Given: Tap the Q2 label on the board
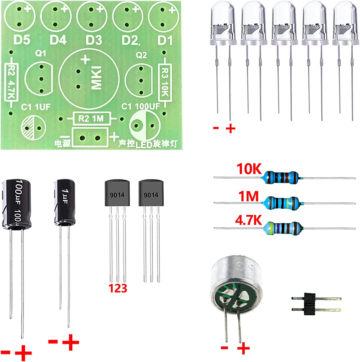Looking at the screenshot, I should [141, 55].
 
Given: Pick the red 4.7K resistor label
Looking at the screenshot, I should [248, 221].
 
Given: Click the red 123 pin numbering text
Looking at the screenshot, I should [117, 289].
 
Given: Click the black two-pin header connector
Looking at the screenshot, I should [309, 304].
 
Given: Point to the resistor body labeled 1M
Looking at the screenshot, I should [282, 202].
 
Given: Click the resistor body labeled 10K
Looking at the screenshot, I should [282, 177].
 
